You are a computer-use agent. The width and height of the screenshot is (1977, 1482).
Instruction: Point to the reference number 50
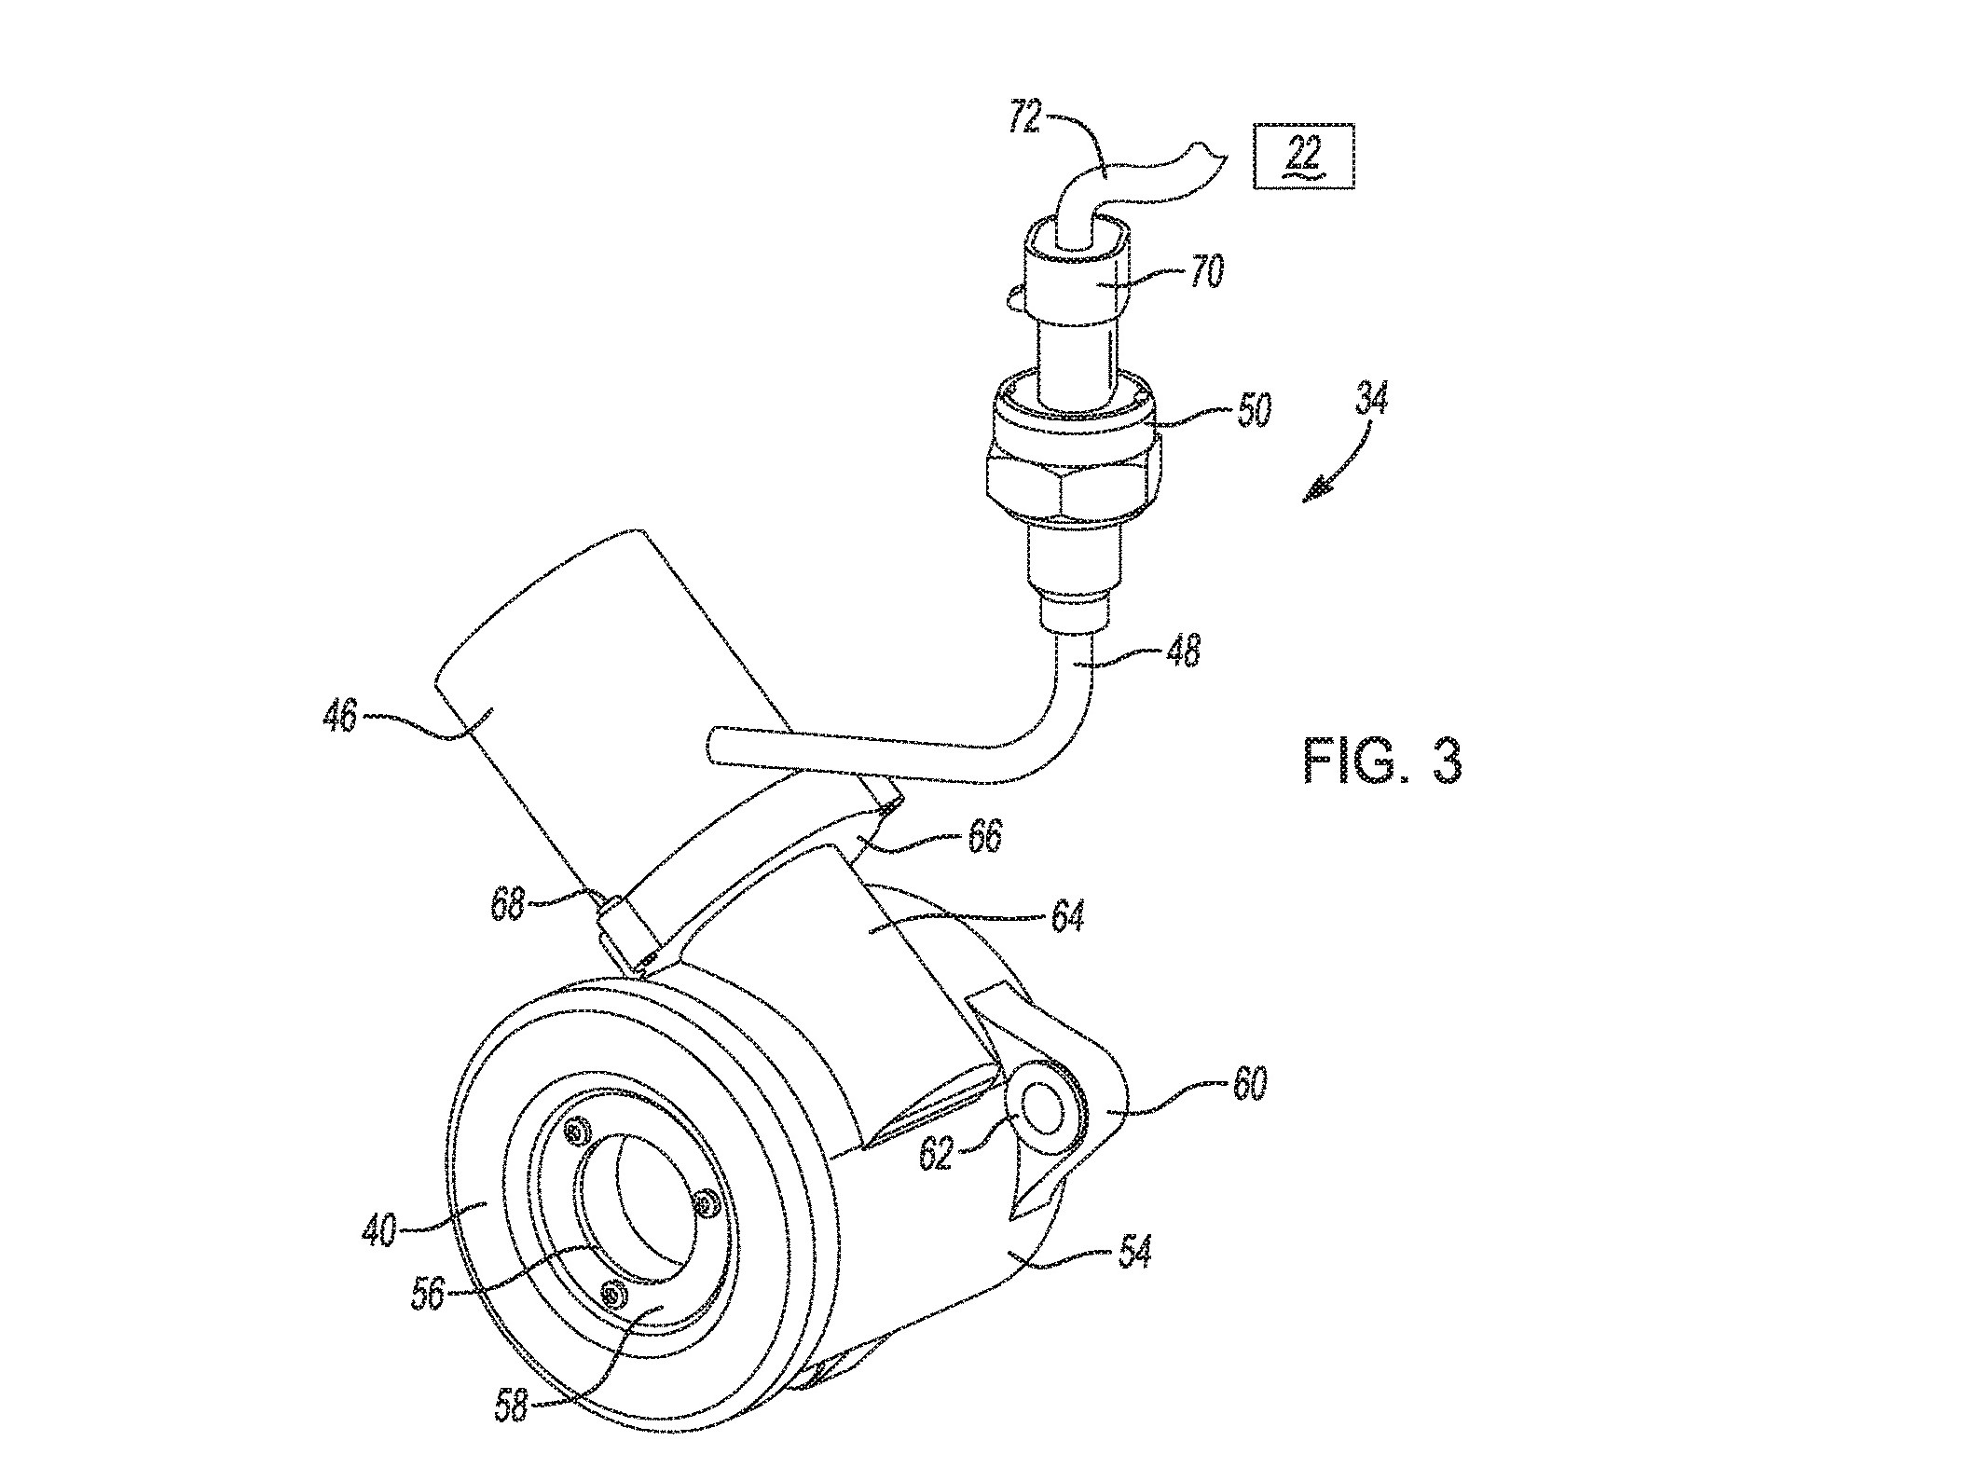1254,408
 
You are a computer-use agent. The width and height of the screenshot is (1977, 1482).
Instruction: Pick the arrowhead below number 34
1315,489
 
